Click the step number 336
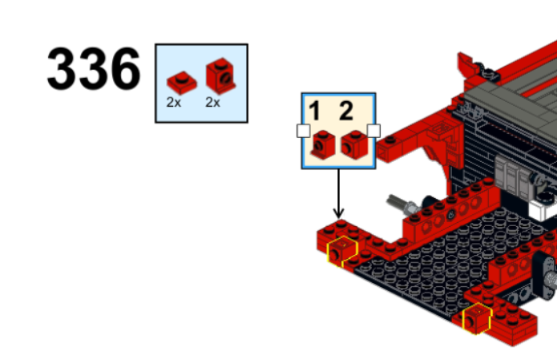coord(94,69)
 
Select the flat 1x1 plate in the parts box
coord(181,83)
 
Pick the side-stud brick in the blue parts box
coord(220,76)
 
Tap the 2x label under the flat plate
coord(174,103)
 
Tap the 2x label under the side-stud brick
coord(213,103)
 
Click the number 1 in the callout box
coord(315,111)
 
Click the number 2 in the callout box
coord(346,111)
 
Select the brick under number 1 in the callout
coord(323,144)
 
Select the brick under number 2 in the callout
coord(354,144)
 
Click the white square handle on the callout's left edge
coord(303,131)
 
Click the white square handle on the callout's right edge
coord(373,131)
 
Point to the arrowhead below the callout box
coord(338,213)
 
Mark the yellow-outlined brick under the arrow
coord(341,252)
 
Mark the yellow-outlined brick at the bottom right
coord(477,318)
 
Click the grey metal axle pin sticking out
coord(402,204)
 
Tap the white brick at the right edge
coord(543,207)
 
